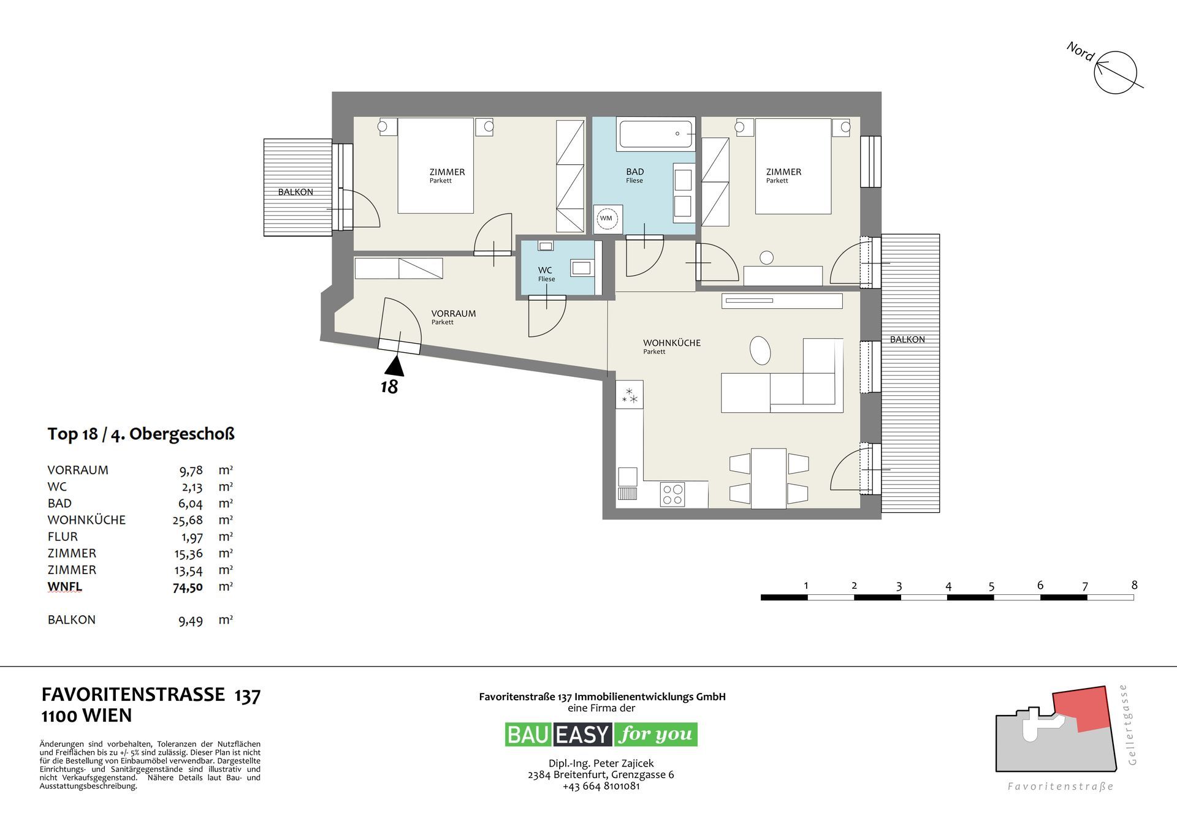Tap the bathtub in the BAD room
(656, 134)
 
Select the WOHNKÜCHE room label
(671, 343)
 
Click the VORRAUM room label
(454, 314)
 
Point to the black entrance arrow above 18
(394, 366)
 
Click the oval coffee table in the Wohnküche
(760, 350)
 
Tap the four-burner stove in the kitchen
(672, 494)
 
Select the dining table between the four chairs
(769, 478)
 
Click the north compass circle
(1116, 72)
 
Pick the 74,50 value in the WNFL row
(188, 587)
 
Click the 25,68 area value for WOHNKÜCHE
(188, 520)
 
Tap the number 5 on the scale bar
(991, 586)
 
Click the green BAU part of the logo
(528, 734)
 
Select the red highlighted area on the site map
(1081, 709)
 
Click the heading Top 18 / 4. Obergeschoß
(141, 434)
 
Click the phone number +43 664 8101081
(601, 786)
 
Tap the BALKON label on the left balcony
(295, 192)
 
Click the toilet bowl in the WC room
(546, 246)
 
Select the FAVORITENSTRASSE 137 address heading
(151, 695)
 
